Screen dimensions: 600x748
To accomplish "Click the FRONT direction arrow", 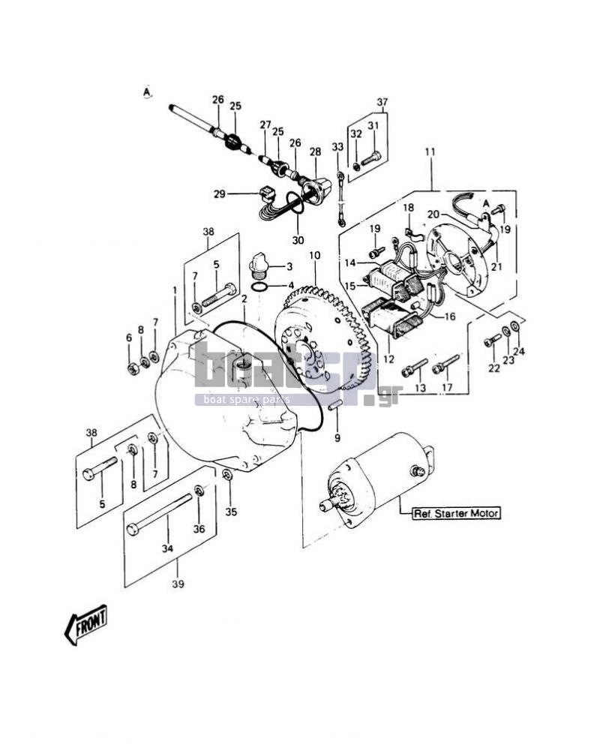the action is click(86, 624).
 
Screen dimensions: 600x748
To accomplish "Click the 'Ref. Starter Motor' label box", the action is click(457, 513).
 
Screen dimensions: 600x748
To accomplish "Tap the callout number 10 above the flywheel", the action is click(315, 256).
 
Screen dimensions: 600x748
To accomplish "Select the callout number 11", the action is click(430, 152).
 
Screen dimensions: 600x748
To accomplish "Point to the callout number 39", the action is click(178, 584).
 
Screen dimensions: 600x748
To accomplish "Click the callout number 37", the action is click(382, 102).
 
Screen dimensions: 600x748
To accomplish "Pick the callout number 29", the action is click(220, 194).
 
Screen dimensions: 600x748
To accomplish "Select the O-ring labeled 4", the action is click(259, 287).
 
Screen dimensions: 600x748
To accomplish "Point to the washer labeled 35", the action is click(227, 474).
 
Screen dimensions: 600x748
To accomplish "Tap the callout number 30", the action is click(298, 240).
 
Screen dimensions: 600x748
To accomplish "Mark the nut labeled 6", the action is click(133, 368).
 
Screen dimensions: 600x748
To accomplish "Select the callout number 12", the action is click(389, 359).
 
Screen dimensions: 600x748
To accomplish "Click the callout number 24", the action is click(519, 352).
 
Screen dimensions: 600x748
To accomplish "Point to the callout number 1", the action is click(175, 290).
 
